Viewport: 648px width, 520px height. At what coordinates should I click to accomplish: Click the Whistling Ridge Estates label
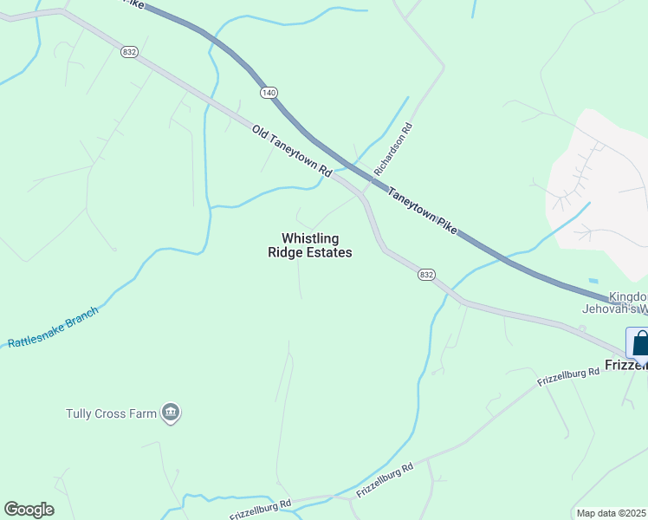309,245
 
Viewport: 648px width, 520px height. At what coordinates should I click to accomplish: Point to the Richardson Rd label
393,150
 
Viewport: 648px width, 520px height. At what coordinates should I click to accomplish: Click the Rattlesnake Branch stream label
53,327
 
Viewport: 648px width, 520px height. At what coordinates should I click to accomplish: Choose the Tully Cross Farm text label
112,413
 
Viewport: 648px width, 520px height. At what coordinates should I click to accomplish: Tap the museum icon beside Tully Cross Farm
171,413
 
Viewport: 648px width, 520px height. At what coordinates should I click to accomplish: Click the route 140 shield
267,91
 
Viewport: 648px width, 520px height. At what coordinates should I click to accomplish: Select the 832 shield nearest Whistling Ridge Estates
425,275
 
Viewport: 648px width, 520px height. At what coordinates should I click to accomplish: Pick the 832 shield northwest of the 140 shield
130,53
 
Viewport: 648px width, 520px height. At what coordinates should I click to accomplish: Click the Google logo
29,510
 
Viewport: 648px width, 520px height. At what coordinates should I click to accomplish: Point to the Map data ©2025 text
612,513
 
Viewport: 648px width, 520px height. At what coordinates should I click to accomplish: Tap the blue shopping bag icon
638,342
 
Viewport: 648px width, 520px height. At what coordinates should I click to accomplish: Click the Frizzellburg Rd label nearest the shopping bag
568,377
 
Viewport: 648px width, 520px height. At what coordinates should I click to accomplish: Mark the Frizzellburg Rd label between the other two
385,478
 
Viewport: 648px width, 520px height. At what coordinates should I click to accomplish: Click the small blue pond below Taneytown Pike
593,281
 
